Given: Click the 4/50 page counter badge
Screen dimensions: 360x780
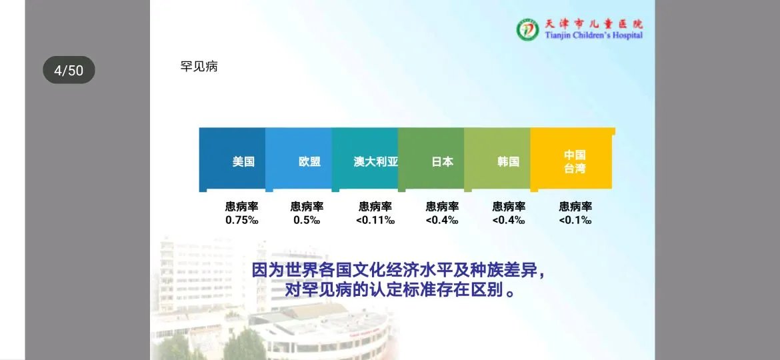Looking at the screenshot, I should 69,70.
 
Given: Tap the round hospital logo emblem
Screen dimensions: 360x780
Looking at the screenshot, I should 527,29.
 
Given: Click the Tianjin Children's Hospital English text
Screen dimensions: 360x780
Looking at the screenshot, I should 594,35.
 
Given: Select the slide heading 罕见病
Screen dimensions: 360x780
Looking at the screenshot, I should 199,66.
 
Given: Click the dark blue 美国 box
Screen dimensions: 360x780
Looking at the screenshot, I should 232,161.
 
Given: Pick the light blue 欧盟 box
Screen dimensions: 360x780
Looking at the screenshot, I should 298,161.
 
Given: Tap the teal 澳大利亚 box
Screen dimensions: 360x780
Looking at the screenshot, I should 365,161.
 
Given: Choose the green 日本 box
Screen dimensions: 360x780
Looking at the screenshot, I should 431,161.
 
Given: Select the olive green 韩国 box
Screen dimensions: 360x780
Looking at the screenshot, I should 497,161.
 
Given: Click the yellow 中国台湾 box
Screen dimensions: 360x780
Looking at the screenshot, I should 572,161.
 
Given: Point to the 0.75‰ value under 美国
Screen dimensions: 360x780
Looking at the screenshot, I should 241,220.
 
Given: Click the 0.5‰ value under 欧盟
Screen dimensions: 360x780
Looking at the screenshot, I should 307,220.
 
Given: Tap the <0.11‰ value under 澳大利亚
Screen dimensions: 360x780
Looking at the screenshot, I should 375,220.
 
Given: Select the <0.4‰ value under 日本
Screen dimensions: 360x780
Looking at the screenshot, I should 442,220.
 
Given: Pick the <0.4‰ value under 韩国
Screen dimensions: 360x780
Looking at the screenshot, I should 509,220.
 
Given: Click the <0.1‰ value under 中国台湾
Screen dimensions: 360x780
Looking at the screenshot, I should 575,220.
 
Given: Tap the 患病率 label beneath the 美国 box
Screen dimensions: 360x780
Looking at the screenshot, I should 241,207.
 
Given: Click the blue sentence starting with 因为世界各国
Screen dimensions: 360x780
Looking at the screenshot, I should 398,272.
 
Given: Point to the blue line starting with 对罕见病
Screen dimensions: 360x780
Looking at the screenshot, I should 398,291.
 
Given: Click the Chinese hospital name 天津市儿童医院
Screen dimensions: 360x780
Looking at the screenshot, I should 594,23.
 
